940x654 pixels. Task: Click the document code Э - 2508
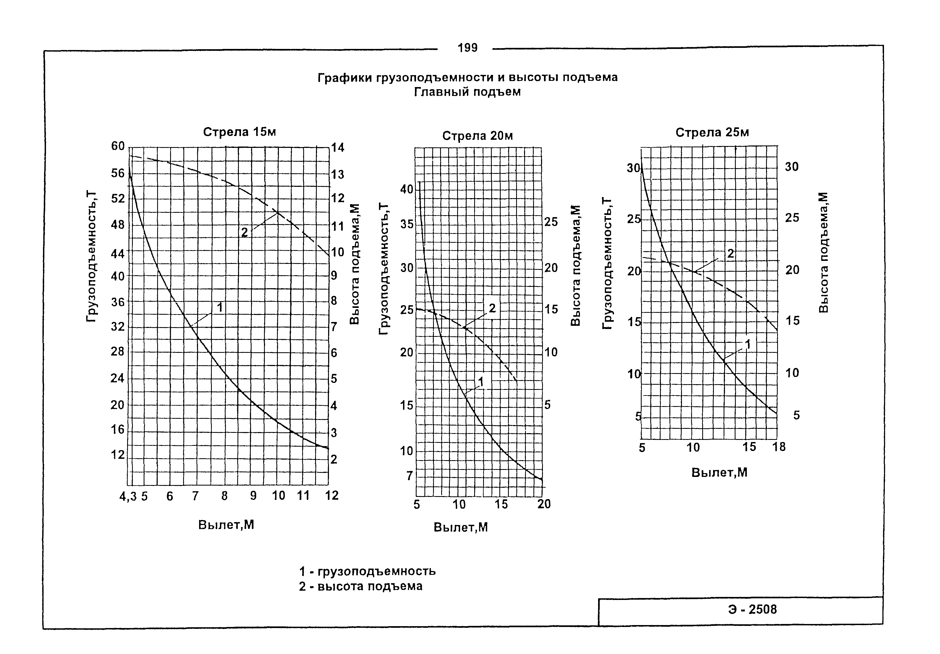tap(752, 609)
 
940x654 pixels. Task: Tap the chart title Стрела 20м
tap(477, 135)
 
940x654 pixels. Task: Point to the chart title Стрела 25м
tap(712, 132)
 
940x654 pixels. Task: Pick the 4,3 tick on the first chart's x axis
tap(128, 496)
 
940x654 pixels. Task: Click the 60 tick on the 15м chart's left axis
tap(118, 146)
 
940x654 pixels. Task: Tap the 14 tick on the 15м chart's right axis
tap(338, 147)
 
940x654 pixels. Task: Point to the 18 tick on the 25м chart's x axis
tap(779, 447)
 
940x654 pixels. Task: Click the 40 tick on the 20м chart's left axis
tap(407, 190)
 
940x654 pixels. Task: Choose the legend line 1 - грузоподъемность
tap(367, 571)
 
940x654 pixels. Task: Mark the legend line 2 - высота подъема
tap(360, 586)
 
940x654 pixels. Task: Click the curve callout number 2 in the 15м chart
tap(245, 233)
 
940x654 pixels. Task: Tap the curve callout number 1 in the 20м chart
tap(481, 382)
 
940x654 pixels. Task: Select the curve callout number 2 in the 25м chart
tap(731, 254)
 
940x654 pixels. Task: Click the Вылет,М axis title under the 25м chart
tap(719, 472)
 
